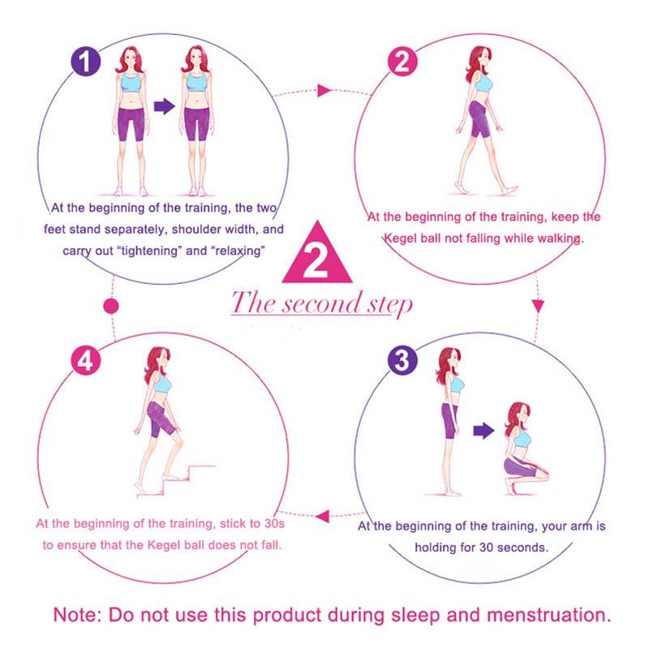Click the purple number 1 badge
[x=87, y=62]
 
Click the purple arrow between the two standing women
[x=165, y=106]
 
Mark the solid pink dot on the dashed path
[x=113, y=307]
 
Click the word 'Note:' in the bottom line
[x=79, y=614]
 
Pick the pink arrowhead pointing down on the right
[x=537, y=307]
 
